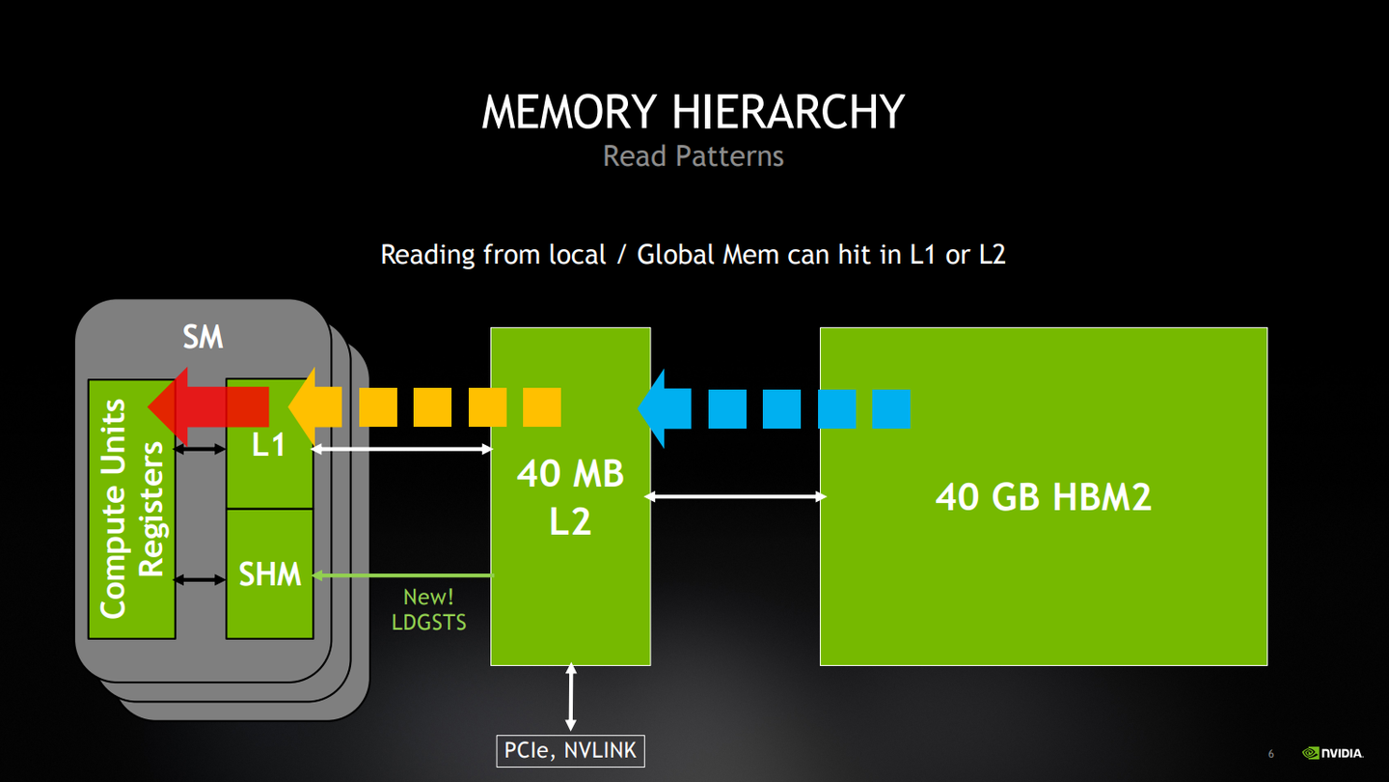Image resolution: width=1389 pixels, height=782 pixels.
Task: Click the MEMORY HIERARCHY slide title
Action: (x=693, y=112)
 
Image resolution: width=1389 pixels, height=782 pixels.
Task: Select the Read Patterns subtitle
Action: (x=693, y=155)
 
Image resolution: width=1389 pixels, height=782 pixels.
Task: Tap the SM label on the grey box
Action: (x=203, y=337)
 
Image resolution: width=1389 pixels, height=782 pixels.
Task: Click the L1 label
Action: (x=268, y=446)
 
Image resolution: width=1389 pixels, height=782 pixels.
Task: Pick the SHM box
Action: (x=270, y=574)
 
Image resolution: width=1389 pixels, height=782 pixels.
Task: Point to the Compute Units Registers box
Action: (x=131, y=509)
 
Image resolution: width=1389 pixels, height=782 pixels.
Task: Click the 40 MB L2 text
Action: (x=570, y=497)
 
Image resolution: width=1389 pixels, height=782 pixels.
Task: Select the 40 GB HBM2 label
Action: (x=1043, y=496)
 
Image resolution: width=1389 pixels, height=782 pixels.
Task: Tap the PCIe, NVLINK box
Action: (x=570, y=750)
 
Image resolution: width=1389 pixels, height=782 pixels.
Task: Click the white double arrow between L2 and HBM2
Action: (x=735, y=496)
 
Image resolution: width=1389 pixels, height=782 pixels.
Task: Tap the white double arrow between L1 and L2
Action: (x=401, y=449)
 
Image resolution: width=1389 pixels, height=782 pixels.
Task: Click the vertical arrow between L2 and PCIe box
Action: (x=571, y=695)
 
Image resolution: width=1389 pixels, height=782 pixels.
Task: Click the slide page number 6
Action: (x=1270, y=754)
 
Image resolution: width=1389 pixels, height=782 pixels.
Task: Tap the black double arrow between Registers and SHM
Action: (x=200, y=579)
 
